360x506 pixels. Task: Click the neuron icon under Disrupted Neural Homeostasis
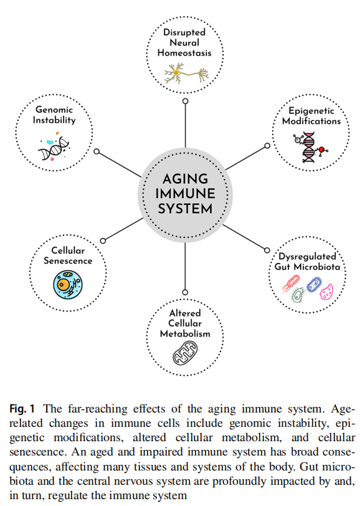click(186, 74)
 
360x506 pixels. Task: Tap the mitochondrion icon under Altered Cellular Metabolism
click(185, 353)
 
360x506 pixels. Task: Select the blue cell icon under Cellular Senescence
click(68, 285)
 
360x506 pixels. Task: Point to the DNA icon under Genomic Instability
click(54, 148)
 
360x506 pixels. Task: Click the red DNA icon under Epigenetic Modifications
click(310, 147)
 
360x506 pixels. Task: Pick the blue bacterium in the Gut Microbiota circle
click(314, 285)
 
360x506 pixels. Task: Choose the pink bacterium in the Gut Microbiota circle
click(326, 292)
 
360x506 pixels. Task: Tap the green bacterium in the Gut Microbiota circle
click(298, 295)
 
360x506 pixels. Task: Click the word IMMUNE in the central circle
click(185, 194)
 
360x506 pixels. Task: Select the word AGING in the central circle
click(185, 179)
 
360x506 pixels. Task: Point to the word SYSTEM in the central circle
click(185, 209)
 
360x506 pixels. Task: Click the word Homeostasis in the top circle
click(184, 53)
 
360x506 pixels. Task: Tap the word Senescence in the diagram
click(68, 260)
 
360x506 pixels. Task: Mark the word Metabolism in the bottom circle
click(185, 333)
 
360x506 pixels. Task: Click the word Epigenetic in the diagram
click(311, 112)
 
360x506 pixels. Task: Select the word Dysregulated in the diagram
click(308, 257)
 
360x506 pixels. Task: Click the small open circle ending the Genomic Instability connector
click(97, 151)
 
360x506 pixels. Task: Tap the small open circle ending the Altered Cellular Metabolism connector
click(185, 292)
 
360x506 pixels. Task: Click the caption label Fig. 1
click(22, 409)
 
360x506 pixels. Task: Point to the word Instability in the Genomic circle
click(54, 120)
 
